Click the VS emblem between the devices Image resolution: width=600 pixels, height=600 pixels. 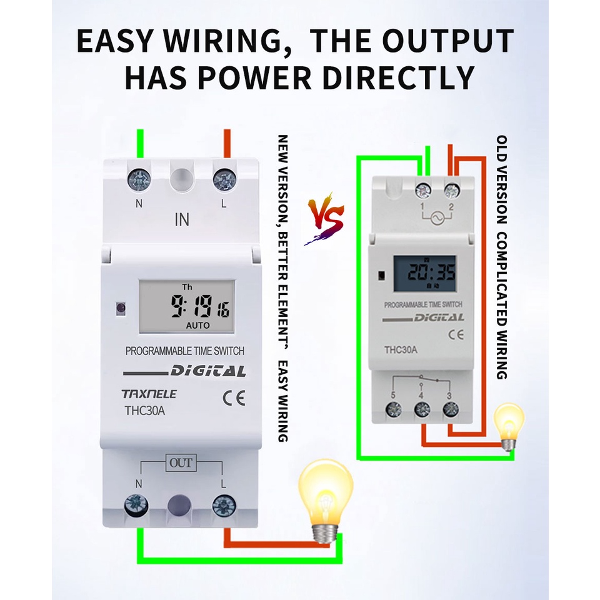326,219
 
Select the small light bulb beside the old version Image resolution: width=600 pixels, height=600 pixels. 509,425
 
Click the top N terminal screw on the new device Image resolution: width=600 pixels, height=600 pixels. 139,180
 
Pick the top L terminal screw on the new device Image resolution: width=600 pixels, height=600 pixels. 224,180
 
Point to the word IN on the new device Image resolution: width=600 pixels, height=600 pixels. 182,219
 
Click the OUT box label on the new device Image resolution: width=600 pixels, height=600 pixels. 181,463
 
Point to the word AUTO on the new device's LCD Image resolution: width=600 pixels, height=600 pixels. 198,326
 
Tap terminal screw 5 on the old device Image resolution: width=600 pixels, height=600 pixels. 394,410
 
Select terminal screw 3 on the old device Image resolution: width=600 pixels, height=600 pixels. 450,410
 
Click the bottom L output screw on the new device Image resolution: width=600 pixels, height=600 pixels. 224,505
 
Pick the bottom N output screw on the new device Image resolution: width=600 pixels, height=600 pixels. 136,504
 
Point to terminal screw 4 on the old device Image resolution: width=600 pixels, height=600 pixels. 422,410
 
